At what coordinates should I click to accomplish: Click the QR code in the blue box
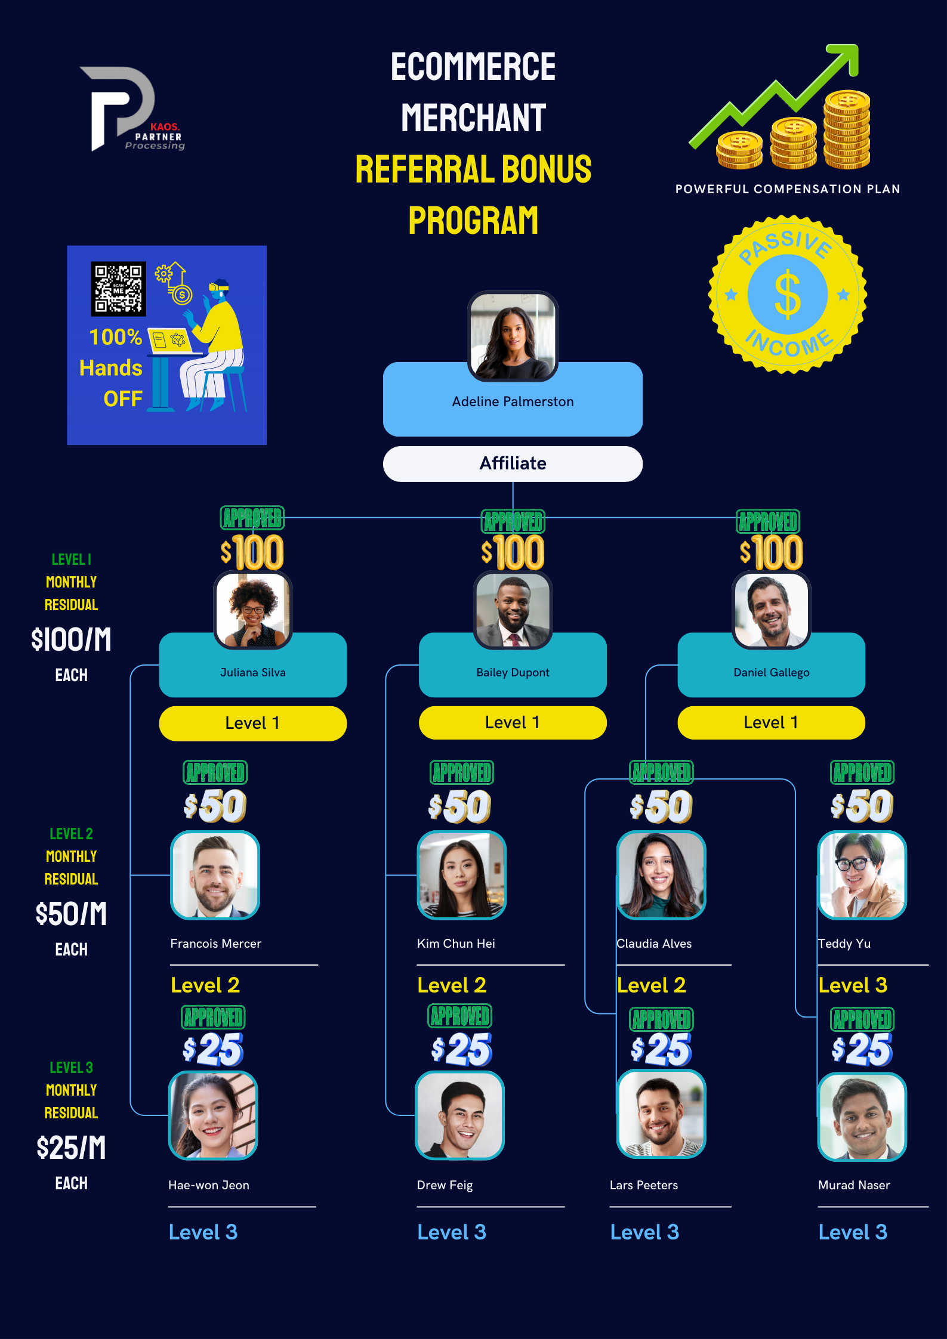[x=118, y=289]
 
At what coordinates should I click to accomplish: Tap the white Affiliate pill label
[x=513, y=463]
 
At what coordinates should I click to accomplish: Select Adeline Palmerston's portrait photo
[x=513, y=336]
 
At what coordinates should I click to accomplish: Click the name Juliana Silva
[x=252, y=672]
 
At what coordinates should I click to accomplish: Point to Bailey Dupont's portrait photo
[x=513, y=610]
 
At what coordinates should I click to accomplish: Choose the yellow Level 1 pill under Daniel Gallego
[x=771, y=722]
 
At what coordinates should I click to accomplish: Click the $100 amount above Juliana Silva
[x=252, y=552]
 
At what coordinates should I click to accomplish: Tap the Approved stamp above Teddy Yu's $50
[x=862, y=772]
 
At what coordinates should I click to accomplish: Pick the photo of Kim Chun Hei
[x=461, y=875]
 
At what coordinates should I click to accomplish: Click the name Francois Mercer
[x=215, y=944]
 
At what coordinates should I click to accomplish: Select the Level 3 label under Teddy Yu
[x=853, y=985]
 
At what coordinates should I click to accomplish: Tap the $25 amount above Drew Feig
[x=461, y=1049]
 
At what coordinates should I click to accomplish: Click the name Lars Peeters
[x=643, y=1185]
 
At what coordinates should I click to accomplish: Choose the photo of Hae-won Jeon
[x=213, y=1115]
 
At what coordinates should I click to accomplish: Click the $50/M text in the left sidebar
[x=71, y=914]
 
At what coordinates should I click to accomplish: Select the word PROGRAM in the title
[x=473, y=221]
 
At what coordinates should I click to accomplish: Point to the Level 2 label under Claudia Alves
[x=651, y=985]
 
